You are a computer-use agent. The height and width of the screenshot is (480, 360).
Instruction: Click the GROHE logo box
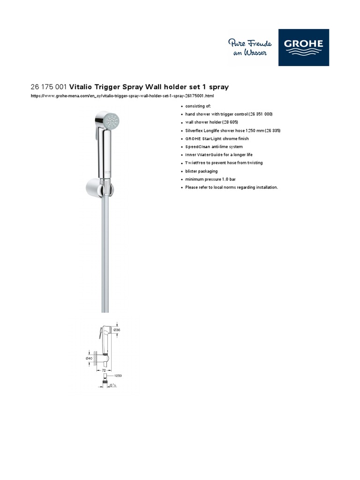click(304, 47)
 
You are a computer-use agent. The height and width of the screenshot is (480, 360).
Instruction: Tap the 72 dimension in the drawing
click(104, 371)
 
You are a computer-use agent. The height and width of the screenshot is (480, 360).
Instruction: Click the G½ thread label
click(112, 385)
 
